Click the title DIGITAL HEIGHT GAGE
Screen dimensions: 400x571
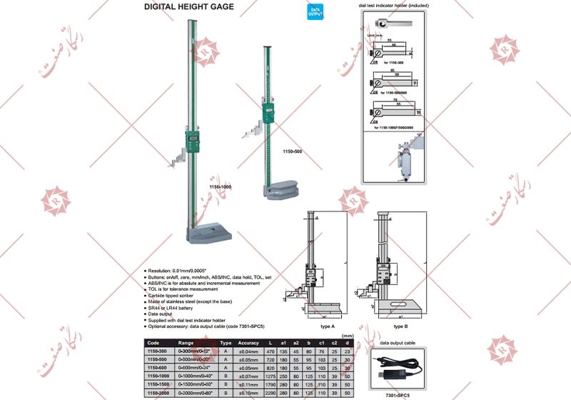[x=188, y=7]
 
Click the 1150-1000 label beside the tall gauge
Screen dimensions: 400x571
[x=221, y=186]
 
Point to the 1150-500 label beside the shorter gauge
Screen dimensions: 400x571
[x=293, y=152]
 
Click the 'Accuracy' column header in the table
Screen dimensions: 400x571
[x=248, y=343]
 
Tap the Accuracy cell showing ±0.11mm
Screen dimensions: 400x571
[x=248, y=384]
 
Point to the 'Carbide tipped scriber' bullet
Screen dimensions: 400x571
[x=176, y=294]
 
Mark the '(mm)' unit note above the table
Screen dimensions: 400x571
[x=348, y=335]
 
